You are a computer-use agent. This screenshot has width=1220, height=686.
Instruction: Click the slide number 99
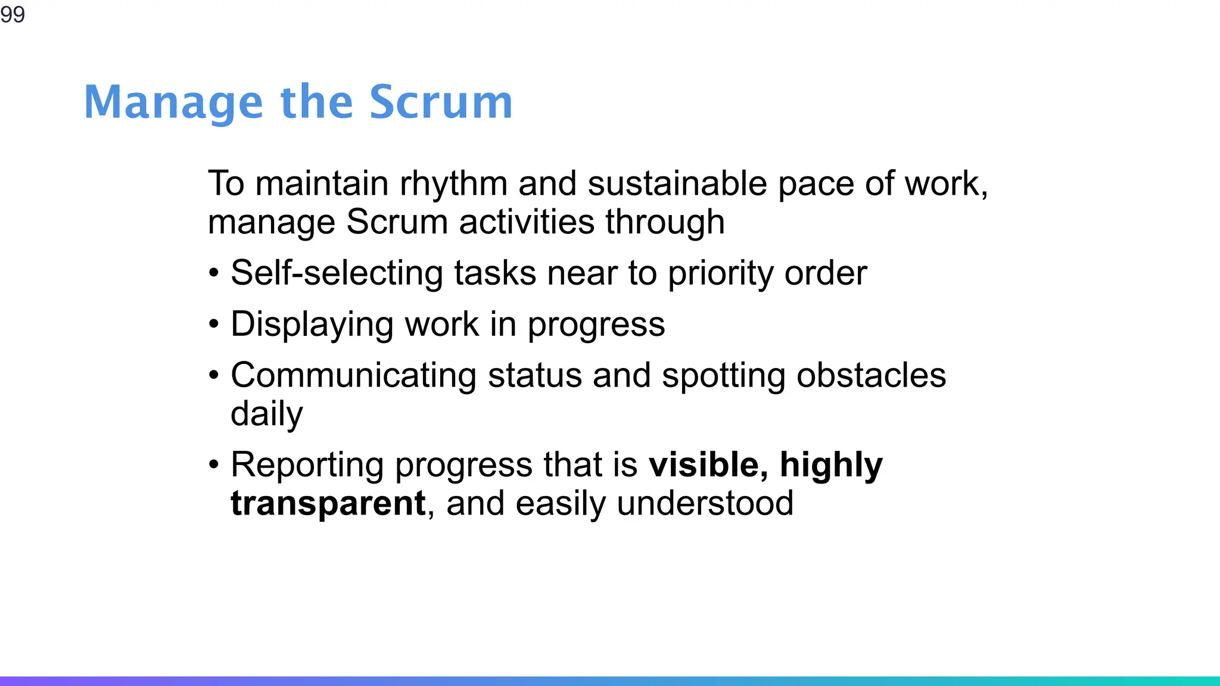[13, 14]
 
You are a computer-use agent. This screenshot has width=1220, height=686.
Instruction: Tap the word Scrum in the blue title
[440, 102]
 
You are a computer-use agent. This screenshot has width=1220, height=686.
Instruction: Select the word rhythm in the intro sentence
[453, 183]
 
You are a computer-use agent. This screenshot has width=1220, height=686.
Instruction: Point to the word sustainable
[677, 183]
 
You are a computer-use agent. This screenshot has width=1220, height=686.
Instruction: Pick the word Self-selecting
[336, 273]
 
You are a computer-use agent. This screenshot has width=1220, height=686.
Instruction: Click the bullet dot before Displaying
[214, 325]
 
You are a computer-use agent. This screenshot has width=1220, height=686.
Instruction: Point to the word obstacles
[871, 376]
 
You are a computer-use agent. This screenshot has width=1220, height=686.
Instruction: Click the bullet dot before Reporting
[214, 465]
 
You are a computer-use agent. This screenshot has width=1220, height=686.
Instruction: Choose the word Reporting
[307, 465]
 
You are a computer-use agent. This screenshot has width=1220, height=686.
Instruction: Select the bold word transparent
[328, 504]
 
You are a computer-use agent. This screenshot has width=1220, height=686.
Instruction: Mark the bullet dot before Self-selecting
[214, 274]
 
